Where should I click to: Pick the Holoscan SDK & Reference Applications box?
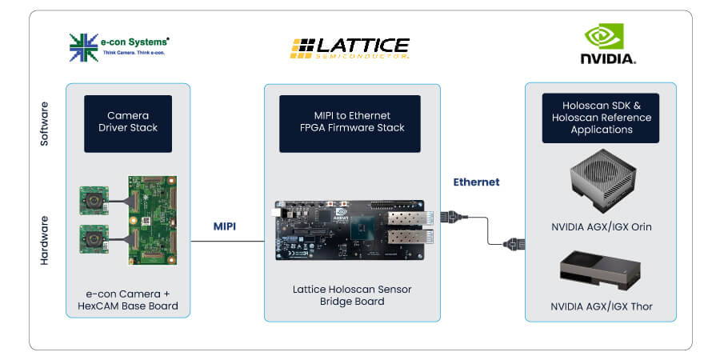point(601,118)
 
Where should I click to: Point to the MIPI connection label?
point(225,226)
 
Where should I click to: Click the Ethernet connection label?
point(476,182)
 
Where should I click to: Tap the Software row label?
point(45,124)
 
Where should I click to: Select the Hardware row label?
point(45,240)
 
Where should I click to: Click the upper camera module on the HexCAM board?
point(94,201)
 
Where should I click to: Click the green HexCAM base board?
point(152,220)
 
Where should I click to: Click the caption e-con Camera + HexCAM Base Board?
point(128,301)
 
